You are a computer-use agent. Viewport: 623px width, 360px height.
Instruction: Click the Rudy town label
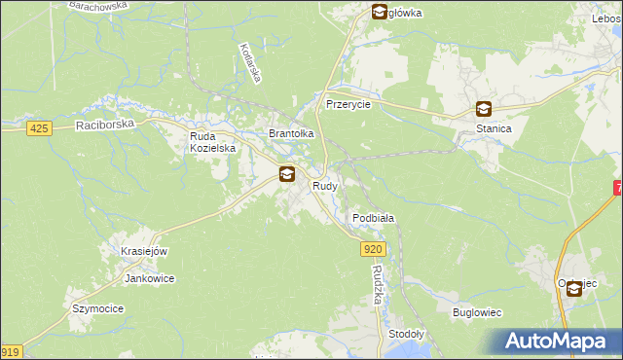point(324,186)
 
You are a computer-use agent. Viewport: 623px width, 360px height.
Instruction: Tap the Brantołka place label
point(291,134)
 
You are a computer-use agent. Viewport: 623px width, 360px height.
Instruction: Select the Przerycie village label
point(348,104)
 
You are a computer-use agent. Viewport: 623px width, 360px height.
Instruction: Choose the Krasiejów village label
point(145,251)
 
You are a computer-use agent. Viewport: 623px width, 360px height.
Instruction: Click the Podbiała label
point(373,219)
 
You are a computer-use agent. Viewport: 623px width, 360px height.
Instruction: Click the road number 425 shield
point(39,128)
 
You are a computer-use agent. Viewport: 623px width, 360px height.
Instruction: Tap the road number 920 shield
point(375,250)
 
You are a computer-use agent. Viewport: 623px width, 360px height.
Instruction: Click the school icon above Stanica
point(484,110)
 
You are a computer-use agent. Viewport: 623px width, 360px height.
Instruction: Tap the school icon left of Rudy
point(287,175)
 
